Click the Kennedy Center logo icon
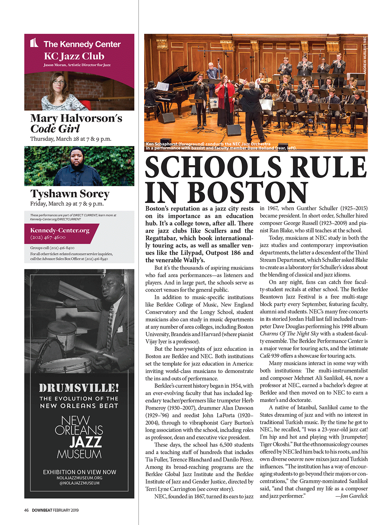(34, 43)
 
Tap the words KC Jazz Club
(74, 56)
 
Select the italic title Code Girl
(55, 129)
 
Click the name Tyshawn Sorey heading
(70, 193)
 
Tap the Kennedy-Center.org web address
(60, 230)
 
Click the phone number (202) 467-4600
(48, 237)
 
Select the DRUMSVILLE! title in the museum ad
(79, 388)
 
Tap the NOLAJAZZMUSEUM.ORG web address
(80, 478)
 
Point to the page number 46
(26, 510)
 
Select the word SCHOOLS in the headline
(213, 167)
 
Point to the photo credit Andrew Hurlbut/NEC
(365, 55)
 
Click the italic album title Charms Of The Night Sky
(289, 333)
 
